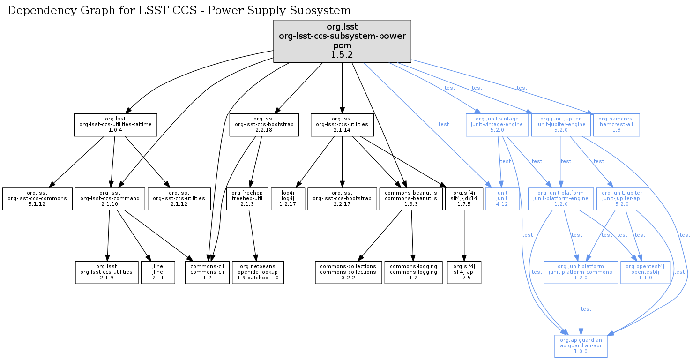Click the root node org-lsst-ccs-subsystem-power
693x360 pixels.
342,41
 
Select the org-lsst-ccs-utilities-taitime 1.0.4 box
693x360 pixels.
115,125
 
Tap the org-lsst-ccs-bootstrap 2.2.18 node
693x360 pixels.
264,125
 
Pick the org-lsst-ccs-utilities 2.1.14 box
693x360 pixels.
343,125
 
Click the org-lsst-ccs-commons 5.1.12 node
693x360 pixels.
37,199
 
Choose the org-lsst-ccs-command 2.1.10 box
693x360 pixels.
110,199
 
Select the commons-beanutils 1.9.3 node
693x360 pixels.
410,199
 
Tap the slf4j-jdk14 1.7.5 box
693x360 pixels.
464,199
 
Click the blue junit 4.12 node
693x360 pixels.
502,199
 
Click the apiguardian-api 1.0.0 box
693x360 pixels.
581,346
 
